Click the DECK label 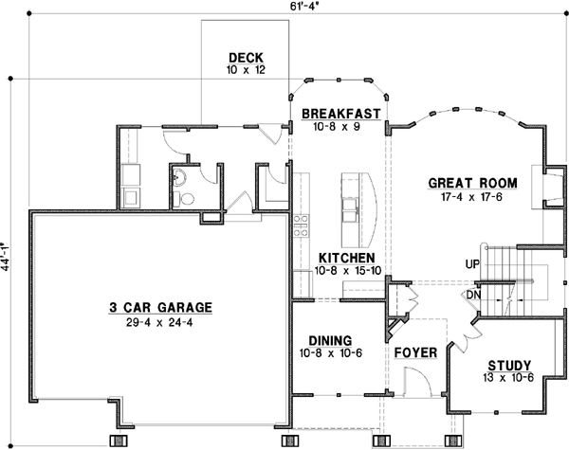pyautogui.click(x=244, y=56)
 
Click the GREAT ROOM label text pyautogui.click(x=471, y=183)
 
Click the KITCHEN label pyautogui.click(x=345, y=258)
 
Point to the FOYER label pyautogui.click(x=415, y=353)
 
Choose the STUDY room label pyautogui.click(x=508, y=366)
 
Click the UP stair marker pyautogui.click(x=471, y=264)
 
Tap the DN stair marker pyautogui.click(x=472, y=294)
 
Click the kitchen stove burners pyautogui.click(x=301, y=225)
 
